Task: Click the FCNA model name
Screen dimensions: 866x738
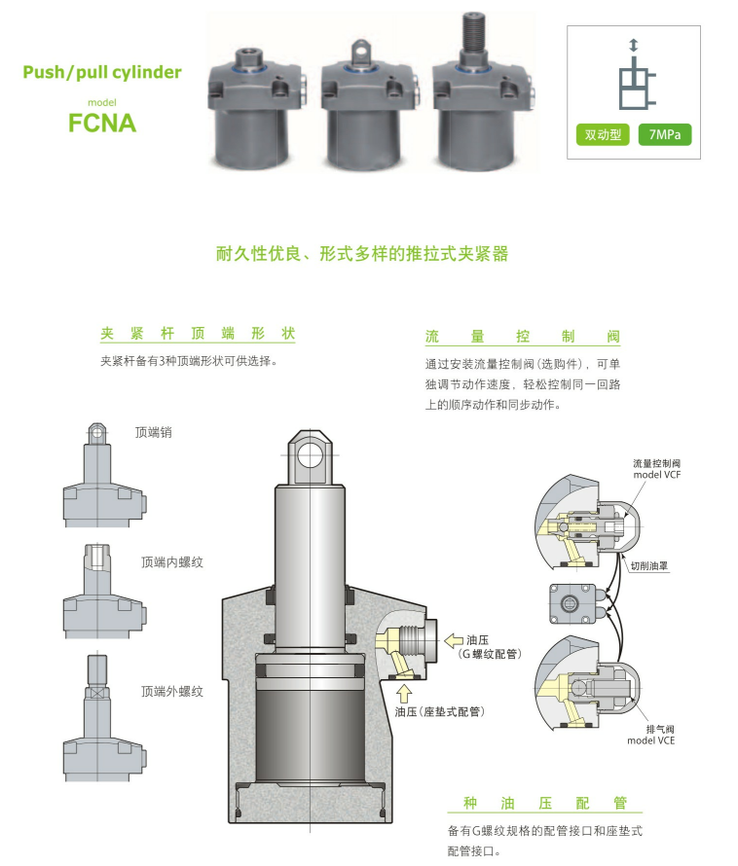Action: coord(101,124)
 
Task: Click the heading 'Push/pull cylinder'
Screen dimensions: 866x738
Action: coord(101,72)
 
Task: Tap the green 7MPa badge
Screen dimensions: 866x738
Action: coord(664,134)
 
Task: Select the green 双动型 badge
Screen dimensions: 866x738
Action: coord(604,134)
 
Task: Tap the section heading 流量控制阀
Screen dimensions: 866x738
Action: coord(522,337)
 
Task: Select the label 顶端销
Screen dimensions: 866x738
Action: coord(154,431)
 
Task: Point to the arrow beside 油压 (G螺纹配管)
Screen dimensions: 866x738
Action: coord(455,639)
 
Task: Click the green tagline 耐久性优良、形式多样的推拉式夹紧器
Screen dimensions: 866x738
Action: coord(362,255)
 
